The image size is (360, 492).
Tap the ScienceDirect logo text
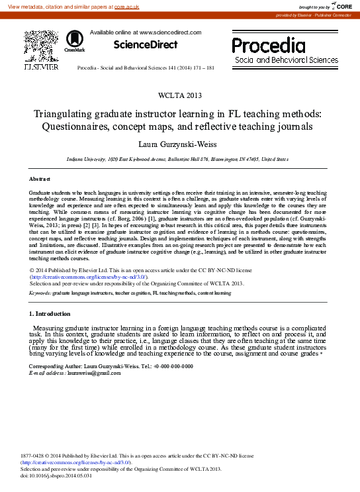(x=146, y=45)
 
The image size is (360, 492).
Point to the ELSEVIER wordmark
(x=41, y=68)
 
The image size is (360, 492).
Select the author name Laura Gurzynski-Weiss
(x=180, y=144)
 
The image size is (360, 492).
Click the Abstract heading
(x=40, y=179)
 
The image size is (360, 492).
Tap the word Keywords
(x=40, y=291)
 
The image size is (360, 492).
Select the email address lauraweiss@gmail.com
(x=89, y=373)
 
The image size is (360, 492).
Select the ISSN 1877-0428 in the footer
(x=34, y=456)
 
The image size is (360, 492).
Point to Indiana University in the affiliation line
(x=87, y=160)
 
